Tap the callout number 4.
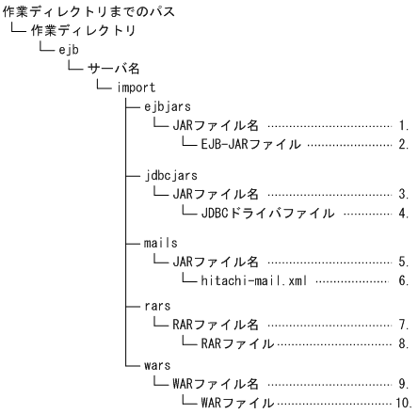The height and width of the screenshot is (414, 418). point(402,213)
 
